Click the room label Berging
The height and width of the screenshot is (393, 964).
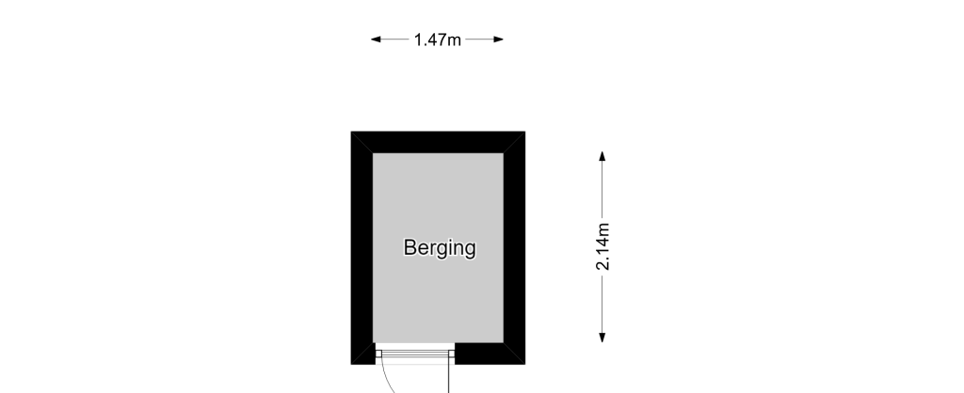(440, 248)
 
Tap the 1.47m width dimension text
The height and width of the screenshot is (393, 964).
(437, 39)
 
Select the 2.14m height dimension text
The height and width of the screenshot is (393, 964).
(603, 246)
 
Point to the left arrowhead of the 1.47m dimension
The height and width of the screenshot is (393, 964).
(376, 39)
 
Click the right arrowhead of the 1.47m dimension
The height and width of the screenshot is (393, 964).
(499, 39)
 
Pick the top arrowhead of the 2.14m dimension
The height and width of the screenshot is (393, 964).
(602, 156)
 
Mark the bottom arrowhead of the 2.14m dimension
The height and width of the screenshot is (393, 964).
(602, 338)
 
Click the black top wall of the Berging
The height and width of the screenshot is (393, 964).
(438, 142)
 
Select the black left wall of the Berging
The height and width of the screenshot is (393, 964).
(362, 247)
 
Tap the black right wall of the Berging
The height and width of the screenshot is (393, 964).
(514, 247)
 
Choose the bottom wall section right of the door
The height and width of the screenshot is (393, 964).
(490, 354)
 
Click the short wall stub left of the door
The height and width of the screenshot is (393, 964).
(363, 354)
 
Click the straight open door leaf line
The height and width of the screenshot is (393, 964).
(448, 375)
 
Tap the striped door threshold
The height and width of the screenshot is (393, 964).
(415, 354)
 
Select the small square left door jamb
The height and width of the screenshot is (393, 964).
(378, 354)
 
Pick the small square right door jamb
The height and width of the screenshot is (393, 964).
(452, 354)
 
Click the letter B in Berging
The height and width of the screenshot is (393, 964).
(410, 247)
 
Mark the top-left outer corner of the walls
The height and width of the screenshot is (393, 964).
(351, 132)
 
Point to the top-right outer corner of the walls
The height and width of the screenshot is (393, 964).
(525, 132)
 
